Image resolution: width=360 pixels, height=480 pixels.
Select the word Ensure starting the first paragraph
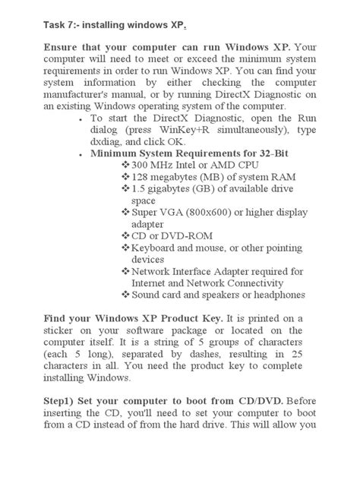pos(62,48)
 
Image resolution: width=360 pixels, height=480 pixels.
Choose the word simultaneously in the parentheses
pos(249,130)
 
